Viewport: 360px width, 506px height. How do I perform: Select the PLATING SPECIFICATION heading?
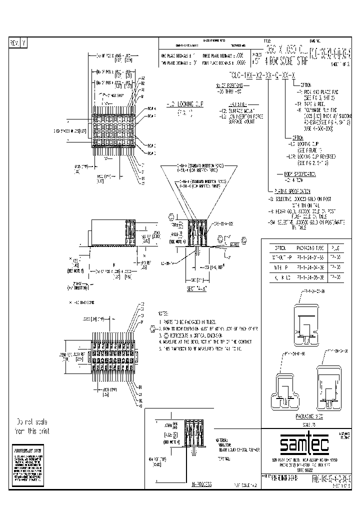pyautogui.click(x=293, y=190)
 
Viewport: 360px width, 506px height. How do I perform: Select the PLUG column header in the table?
pyautogui.click(x=337, y=247)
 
